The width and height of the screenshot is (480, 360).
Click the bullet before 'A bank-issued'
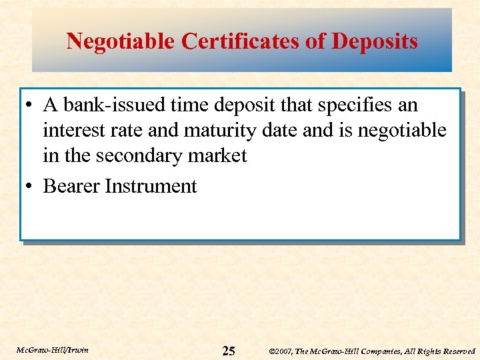[31, 106]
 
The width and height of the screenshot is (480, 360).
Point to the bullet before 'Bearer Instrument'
[31, 187]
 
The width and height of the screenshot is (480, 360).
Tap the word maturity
[215, 130]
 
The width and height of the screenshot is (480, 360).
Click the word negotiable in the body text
[402, 130]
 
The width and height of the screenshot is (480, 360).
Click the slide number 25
[229, 351]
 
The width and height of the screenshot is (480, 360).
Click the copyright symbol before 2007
[272, 351]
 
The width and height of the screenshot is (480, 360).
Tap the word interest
[73, 130]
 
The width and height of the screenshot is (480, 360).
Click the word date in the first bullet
[282, 130]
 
